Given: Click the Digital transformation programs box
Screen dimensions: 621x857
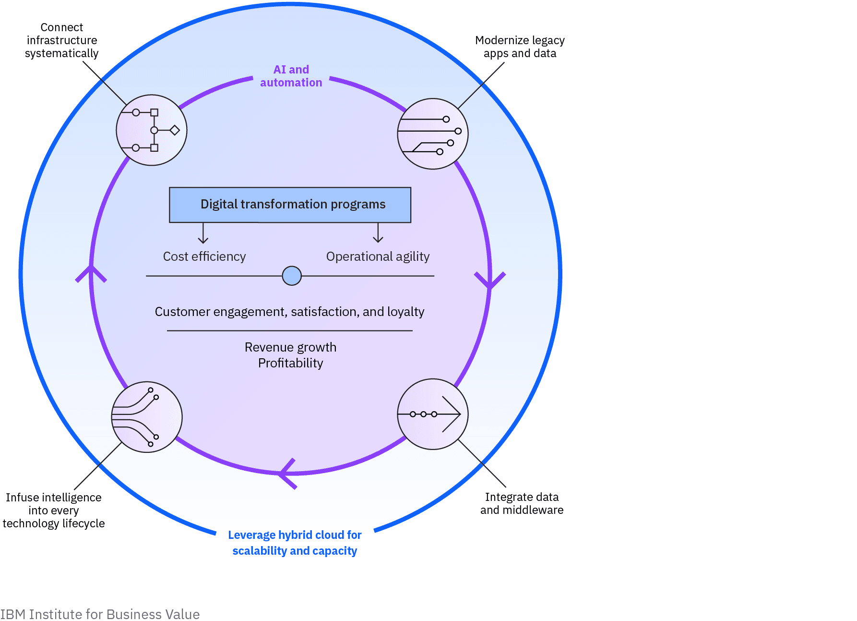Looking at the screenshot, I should click(290, 205).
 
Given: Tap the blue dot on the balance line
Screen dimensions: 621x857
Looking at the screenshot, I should click(292, 276).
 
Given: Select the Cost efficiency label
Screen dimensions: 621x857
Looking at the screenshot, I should click(204, 256).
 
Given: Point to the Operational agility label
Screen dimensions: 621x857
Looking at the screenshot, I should click(378, 256).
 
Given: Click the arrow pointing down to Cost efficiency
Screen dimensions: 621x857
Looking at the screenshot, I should click(203, 234).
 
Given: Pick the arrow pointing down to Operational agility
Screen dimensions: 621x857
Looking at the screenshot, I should click(378, 233).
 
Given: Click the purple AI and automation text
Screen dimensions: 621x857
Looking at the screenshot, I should click(291, 76).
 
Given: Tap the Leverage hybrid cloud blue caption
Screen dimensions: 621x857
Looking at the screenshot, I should click(295, 543).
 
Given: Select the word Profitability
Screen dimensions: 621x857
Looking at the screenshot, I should click(290, 363).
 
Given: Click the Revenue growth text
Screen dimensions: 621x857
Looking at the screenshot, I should click(290, 347).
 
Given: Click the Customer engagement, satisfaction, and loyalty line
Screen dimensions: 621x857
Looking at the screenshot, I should click(289, 312).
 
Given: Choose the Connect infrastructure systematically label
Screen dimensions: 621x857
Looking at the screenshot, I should click(61, 40).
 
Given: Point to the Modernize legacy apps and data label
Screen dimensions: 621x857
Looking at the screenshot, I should click(520, 47).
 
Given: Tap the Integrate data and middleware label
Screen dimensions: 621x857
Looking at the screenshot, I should click(522, 503).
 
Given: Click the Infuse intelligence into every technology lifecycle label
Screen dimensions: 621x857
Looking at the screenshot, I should click(53, 510).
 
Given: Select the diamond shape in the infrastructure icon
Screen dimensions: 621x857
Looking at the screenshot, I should click(175, 130).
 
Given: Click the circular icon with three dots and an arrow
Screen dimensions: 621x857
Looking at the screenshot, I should click(432, 414).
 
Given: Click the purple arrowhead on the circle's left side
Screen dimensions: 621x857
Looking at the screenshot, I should click(91, 273).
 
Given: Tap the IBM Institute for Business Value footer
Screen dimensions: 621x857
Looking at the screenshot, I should click(100, 614).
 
